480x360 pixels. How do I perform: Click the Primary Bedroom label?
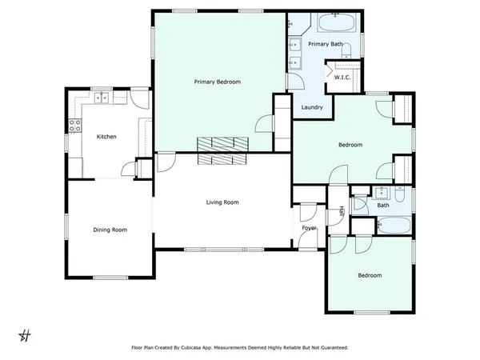(x=218, y=82)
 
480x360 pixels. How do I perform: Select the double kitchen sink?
(x=102, y=98)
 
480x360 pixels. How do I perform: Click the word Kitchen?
(x=106, y=137)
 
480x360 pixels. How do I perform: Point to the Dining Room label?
(x=110, y=230)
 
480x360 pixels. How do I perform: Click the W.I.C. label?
(x=343, y=78)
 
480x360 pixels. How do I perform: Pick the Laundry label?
(x=312, y=107)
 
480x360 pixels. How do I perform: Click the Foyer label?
(x=309, y=228)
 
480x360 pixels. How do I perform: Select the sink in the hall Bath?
(x=382, y=192)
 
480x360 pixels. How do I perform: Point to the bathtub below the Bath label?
(x=392, y=226)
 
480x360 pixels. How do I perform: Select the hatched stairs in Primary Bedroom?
(x=224, y=150)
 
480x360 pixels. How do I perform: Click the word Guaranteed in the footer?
(x=330, y=348)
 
